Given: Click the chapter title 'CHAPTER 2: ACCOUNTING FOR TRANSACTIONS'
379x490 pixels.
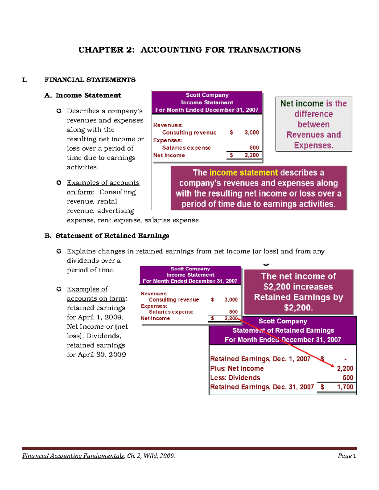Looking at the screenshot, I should pyautogui.click(x=189, y=50).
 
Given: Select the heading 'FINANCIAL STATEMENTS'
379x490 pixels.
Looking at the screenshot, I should pyautogui.click(x=90, y=80).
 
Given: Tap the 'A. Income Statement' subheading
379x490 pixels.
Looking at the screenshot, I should pyautogui.click(x=83, y=95).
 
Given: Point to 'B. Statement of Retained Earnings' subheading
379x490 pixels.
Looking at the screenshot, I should pyautogui.click(x=107, y=236).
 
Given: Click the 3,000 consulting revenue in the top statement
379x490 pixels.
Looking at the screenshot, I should pyautogui.click(x=251, y=133).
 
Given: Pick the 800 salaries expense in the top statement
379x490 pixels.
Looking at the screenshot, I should pyautogui.click(x=254, y=148).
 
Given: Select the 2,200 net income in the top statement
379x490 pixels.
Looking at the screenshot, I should pyautogui.click(x=251, y=155).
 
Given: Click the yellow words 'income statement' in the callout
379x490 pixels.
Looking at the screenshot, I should pyautogui.click(x=244, y=173).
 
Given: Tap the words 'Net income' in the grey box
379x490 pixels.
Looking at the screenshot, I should pyautogui.click(x=302, y=103).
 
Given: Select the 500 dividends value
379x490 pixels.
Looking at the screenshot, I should pyautogui.click(x=348, y=378).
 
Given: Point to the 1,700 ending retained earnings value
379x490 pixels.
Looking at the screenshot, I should pyautogui.click(x=345, y=387).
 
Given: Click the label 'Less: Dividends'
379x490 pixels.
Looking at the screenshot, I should pyautogui.click(x=235, y=378).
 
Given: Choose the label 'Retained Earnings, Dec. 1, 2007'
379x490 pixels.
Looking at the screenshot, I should pyautogui.click(x=260, y=359).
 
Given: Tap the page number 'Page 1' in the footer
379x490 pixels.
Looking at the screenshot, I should pyautogui.click(x=347, y=456).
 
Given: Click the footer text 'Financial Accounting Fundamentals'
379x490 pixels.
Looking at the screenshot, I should pyautogui.click(x=73, y=456).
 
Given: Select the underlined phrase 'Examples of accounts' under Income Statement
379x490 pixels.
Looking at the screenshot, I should pyautogui.click(x=103, y=183).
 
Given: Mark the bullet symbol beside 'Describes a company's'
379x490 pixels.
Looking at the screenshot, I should pyautogui.click(x=59, y=111).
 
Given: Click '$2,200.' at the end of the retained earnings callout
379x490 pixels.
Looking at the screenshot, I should pyautogui.click(x=298, y=308).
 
